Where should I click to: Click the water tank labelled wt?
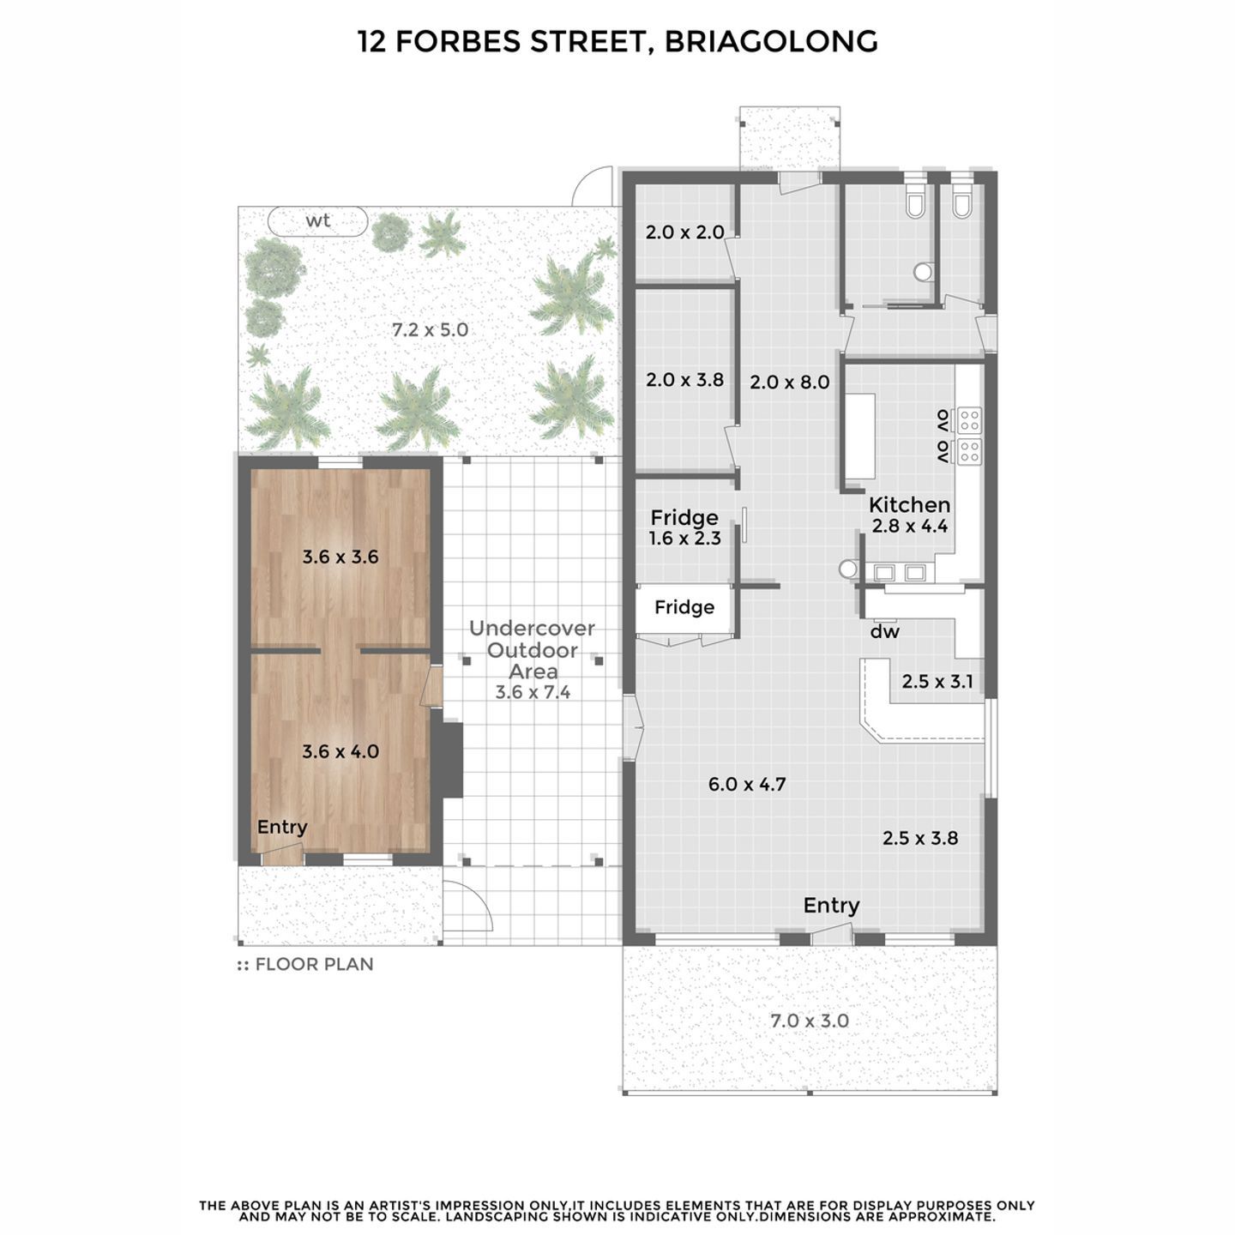pyautogui.click(x=317, y=221)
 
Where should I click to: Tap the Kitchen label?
pyautogui.click(x=909, y=505)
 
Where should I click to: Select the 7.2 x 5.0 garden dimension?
pyautogui.click(x=430, y=330)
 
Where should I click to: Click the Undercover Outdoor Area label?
pyautogui.click(x=532, y=650)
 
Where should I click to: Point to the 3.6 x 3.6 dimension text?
pyautogui.click(x=340, y=557)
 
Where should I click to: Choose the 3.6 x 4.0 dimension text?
pyautogui.click(x=340, y=751)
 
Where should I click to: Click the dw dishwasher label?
pyautogui.click(x=884, y=632)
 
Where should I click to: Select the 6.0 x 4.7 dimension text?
pyautogui.click(x=747, y=784)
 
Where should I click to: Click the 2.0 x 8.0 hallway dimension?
pyautogui.click(x=790, y=383)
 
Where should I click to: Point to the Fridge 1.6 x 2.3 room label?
pyautogui.click(x=684, y=527)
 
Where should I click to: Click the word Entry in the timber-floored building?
pyautogui.click(x=282, y=828)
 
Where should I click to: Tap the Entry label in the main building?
pyautogui.click(x=831, y=905)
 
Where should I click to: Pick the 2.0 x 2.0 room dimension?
pyautogui.click(x=684, y=232)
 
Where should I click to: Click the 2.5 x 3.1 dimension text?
pyautogui.click(x=937, y=681)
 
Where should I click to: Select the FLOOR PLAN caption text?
pyautogui.click(x=314, y=965)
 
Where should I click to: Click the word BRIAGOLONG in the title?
pyautogui.click(x=771, y=42)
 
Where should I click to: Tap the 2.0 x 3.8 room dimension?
pyautogui.click(x=684, y=380)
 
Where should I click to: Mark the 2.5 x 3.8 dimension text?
pyautogui.click(x=919, y=838)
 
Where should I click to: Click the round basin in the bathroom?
pyautogui.click(x=923, y=273)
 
